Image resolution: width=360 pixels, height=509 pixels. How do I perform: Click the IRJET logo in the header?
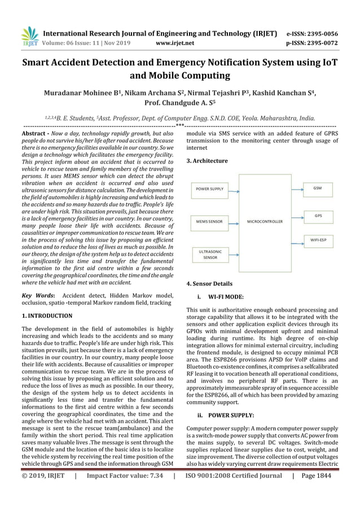point(29,36)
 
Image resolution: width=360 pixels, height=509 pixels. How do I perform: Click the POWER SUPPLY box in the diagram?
point(209,188)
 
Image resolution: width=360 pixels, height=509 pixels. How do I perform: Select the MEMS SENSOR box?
point(209,222)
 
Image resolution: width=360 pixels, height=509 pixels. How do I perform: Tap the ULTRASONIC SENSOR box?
point(209,254)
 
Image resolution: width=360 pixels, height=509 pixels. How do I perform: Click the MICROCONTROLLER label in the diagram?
point(265,222)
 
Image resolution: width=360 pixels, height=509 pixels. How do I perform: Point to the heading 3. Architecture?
point(207,161)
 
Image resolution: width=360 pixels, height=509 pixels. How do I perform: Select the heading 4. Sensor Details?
point(209,284)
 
